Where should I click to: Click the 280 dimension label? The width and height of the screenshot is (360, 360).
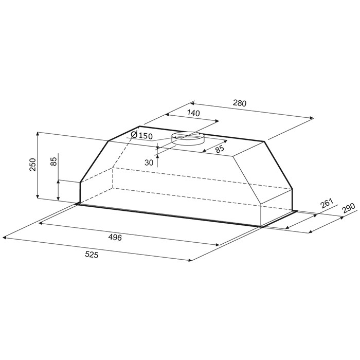[x=240, y=103]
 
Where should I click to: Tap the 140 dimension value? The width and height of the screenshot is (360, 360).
[x=193, y=113]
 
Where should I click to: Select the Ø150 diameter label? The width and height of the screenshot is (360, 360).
[x=141, y=135]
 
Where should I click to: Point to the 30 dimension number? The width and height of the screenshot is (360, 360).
[x=149, y=163]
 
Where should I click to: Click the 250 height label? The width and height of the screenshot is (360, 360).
[x=33, y=165]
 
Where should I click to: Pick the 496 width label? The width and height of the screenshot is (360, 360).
[x=115, y=238]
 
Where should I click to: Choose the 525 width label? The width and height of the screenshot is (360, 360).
[x=92, y=255]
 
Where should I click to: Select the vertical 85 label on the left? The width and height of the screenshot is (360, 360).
[x=53, y=161]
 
